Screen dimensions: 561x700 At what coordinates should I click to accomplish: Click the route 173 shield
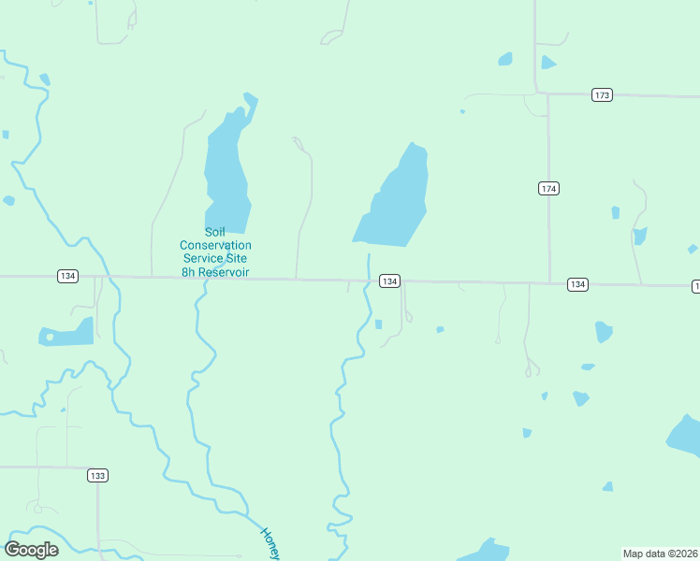point(602,95)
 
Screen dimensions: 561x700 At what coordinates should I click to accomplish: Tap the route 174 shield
point(548,189)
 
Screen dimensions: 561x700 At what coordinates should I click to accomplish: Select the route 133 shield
point(97,476)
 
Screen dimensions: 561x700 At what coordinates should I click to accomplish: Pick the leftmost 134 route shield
point(66,276)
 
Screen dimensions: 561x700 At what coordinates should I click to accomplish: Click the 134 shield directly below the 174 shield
point(577,284)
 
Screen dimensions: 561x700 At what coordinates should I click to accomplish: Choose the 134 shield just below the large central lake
point(390,281)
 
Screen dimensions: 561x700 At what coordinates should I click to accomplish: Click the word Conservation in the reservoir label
point(215,246)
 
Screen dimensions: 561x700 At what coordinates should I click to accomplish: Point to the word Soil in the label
point(215,233)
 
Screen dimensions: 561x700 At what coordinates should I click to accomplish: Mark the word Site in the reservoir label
point(239,258)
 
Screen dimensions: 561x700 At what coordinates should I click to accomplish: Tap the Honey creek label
point(270,543)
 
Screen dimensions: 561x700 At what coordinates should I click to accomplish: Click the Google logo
point(31,550)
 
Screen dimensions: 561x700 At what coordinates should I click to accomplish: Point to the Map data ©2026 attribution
point(661,554)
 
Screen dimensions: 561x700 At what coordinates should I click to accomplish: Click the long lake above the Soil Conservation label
point(226,168)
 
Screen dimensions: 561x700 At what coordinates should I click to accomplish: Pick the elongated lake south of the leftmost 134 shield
point(67,333)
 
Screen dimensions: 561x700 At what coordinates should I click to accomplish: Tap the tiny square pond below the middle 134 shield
point(378,324)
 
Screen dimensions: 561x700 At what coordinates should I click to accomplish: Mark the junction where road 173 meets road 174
point(547,94)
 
